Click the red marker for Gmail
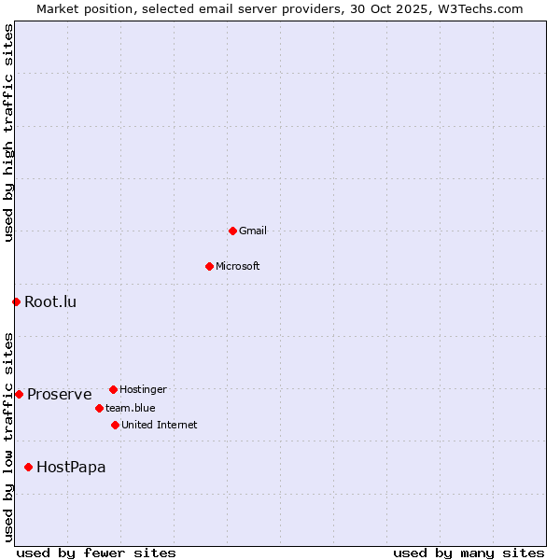[x=232, y=231]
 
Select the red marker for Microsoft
[x=209, y=266]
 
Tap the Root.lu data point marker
[x=16, y=301]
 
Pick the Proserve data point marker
[x=19, y=394]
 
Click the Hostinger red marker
[x=113, y=389]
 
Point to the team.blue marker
[x=99, y=408]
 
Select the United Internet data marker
[x=115, y=425]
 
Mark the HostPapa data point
[x=28, y=467]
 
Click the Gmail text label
[x=253, y=231]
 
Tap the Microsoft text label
[x=238, y=266]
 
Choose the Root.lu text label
[x=50, y=301]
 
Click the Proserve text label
[x=60, y=394]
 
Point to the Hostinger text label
[x=143, y=389]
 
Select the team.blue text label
[x=131, y=408]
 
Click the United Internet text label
[x=160, y=425]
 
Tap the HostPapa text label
[x=71, y=467]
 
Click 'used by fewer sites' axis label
[x=96, y=553]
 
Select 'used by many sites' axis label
[x=469, y=553]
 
